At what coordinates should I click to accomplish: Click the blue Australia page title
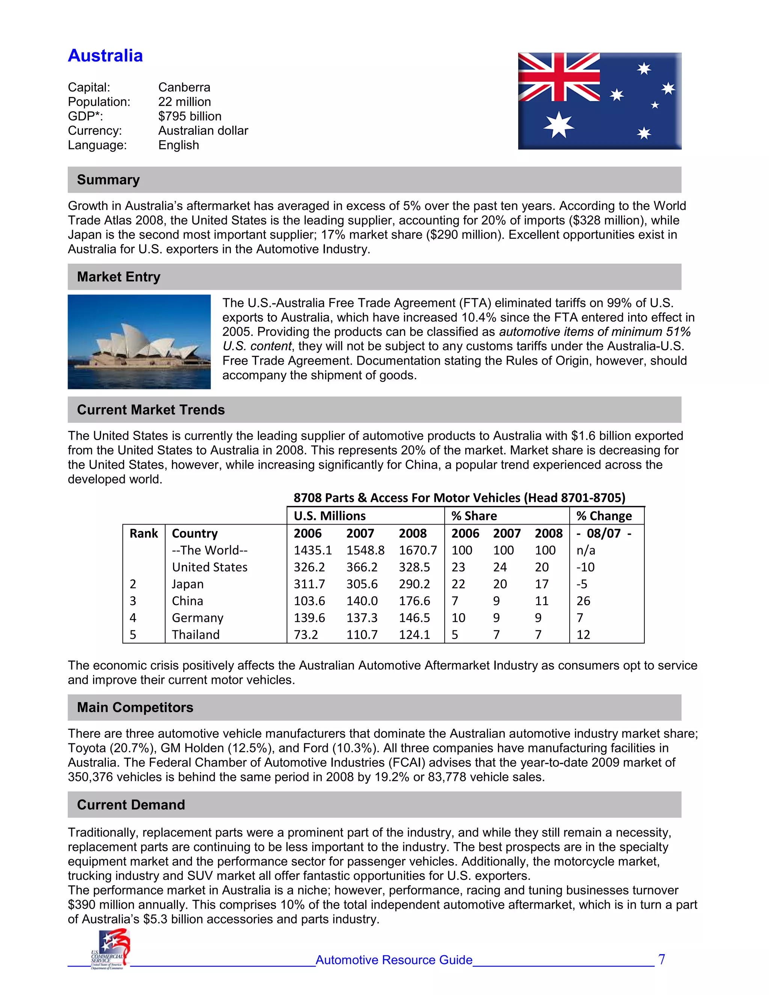(x=105, y=56)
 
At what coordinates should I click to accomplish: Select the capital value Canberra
(x=184, y=87)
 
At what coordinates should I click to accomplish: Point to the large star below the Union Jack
(x=558, y=124)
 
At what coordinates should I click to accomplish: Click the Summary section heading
(x=109, y=179)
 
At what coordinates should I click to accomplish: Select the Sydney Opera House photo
(x=139, y=342)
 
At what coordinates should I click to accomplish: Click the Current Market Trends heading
(x=151, y=410)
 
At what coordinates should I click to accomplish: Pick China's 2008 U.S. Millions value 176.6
(x=414, y=601)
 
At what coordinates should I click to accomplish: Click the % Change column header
(x=604, y=516)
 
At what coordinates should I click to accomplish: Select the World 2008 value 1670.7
(x=418, y=550)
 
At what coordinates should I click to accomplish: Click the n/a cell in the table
(x=585, y=550)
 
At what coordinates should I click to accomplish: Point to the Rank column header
(x=143, y=534)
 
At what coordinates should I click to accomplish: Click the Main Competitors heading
(x=135, y=707)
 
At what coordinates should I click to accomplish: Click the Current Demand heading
(x=131, y=805)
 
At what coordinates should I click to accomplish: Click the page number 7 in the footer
(x=662, y=959)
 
